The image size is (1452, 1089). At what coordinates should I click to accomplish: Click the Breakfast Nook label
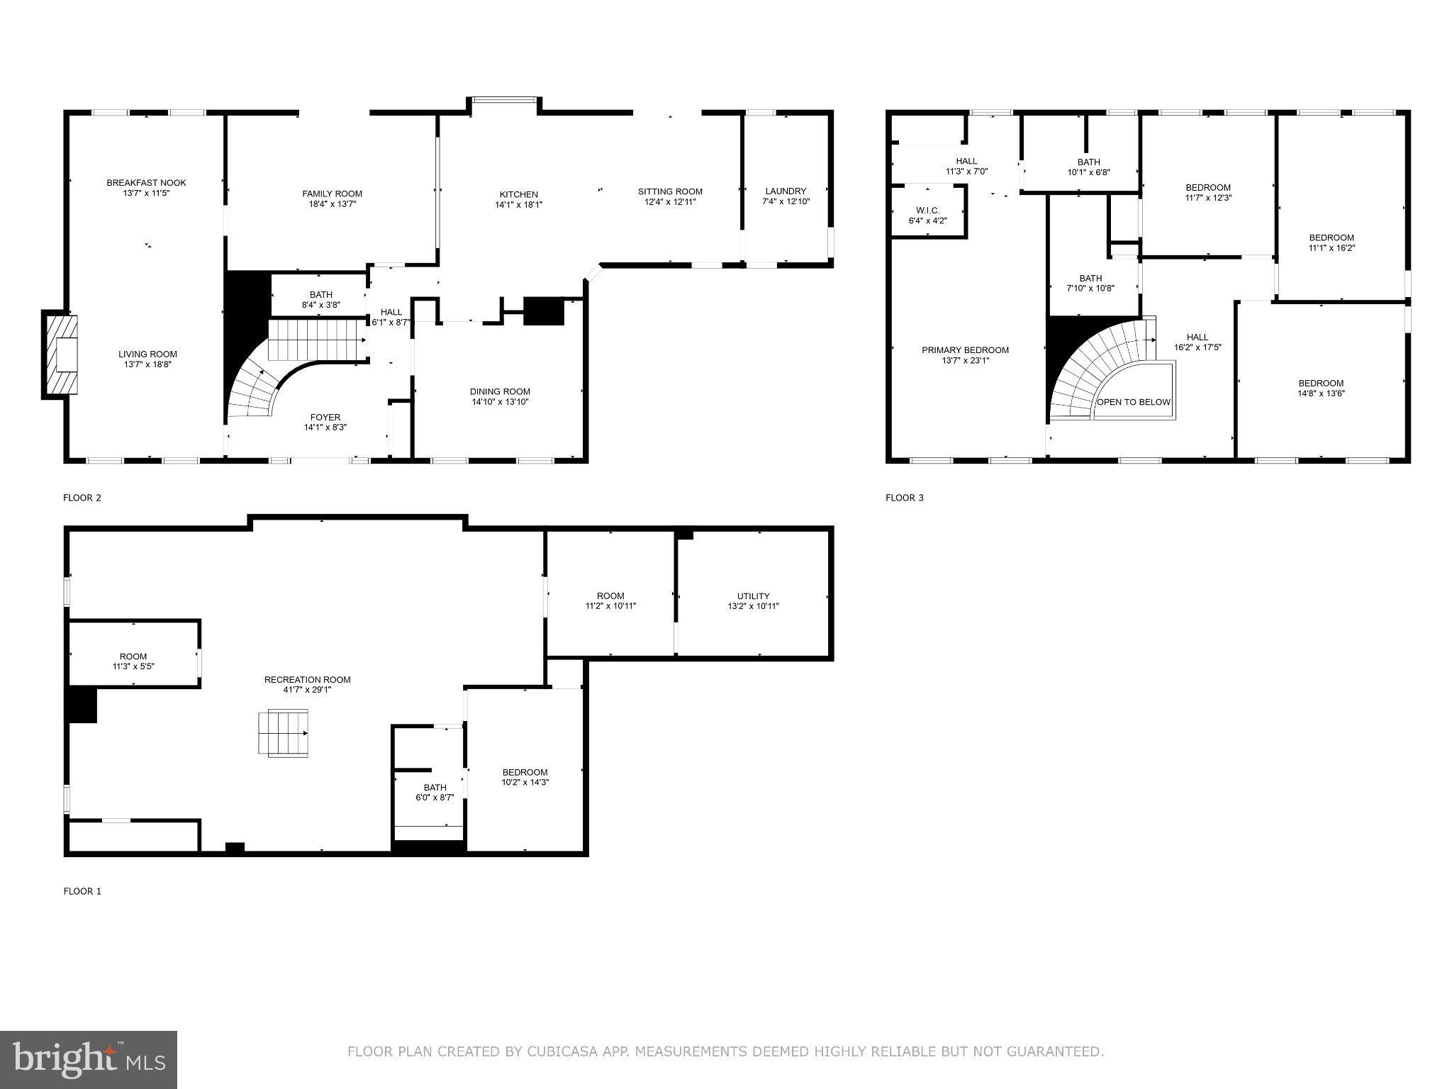click(146, 183)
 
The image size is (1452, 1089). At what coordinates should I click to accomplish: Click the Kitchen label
click(518, 194)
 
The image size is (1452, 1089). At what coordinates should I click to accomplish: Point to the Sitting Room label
click(670, 191)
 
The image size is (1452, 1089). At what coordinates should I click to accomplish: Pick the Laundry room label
click(786, 191)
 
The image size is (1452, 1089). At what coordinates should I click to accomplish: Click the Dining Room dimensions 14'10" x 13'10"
click(500, 402)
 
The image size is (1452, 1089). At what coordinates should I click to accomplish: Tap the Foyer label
click(325, 418)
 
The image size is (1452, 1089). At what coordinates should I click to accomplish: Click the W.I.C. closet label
click(927, 211)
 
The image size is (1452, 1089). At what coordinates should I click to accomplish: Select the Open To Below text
click(1134, 402)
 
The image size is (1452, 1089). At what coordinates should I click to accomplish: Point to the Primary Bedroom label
click(965, 350)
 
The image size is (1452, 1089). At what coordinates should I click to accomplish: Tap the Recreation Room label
click(307, 680)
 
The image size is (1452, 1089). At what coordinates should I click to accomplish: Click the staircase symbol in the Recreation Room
click(284, 733)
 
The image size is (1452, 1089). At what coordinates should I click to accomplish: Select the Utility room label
click(753, 596)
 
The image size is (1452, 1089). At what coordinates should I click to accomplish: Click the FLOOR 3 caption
click(904, 498)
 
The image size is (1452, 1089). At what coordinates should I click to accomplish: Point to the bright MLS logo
click(89, 1059)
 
